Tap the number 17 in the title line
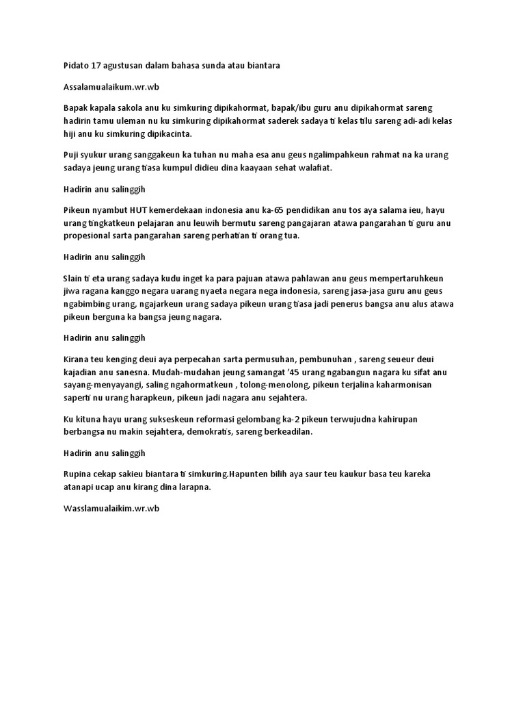[x=98, y=66]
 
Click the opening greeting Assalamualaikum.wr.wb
[x=110, y=87]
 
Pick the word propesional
[x=87, y=235]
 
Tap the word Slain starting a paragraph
[x=72, y=279]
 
